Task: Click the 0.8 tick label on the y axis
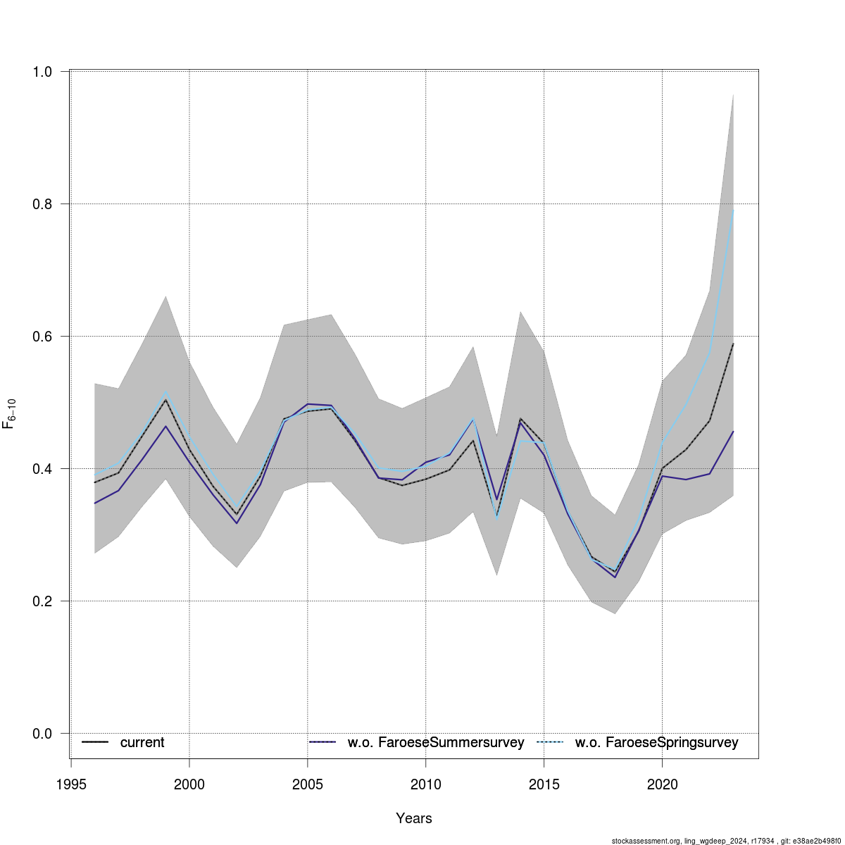[42, 204]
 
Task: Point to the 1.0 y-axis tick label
[42, 72]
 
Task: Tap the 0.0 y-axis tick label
[42, 734]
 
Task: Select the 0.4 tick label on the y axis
[42, 469]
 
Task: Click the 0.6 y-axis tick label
[42, 337]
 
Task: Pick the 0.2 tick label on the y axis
[42, 601]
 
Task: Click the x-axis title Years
[414, 818]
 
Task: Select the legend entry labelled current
[142, 743]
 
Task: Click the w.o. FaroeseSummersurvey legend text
[436, 743]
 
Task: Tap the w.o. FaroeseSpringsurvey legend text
[656, 743]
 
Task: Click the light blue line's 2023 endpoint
[733, 209]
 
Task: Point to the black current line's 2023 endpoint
[733, 344]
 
